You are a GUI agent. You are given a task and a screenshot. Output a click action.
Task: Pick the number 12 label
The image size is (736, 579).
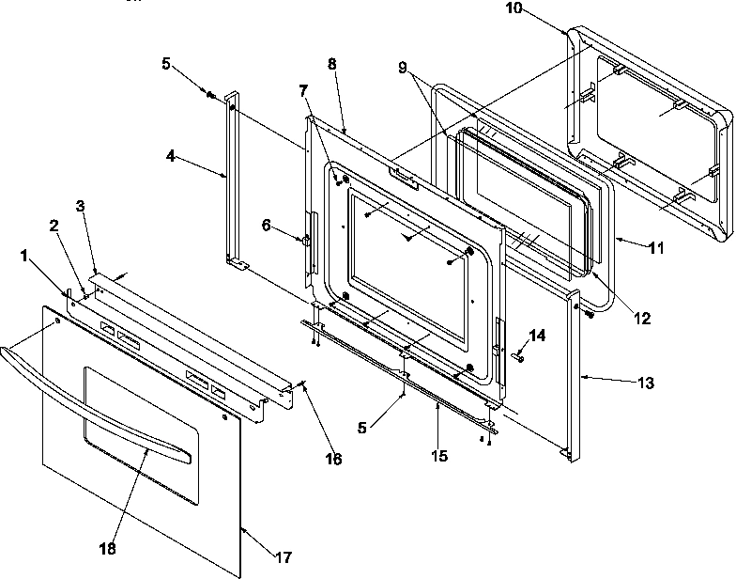tap(641, 319)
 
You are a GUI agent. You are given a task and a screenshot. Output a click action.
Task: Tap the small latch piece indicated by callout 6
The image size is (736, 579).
tap(307, 242)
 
